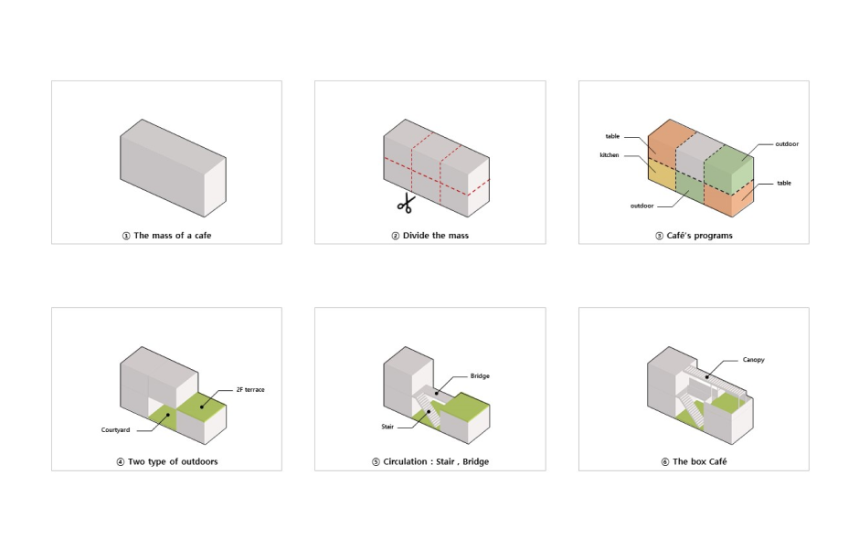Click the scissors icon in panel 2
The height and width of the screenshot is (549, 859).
click(406, 204)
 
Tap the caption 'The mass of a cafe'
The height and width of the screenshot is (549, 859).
click(173, 236)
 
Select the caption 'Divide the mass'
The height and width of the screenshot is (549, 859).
click(436, 236)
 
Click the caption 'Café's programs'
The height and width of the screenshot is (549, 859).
click(700, 236)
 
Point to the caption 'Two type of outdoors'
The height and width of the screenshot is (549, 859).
click(173, 462)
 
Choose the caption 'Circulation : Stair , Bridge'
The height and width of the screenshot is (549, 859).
click(436, 462)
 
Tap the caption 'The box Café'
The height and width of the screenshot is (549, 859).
click(700, 462)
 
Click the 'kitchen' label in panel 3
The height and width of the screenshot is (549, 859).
click(610, 155)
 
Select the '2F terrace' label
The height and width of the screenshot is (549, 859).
click(250, 390)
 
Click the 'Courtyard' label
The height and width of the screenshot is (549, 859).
click(115, 430)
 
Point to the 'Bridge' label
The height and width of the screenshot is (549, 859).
click(480, 376)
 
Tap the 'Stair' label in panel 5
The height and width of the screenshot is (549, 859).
click(387, 427)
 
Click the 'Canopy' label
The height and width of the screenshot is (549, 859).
click(753, 360)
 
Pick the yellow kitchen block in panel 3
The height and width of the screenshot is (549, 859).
click(662, 174)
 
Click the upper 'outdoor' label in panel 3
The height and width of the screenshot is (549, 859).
click(787, 144)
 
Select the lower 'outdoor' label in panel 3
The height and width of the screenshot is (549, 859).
click(642, 206)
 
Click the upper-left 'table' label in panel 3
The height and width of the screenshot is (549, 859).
click(612, 137)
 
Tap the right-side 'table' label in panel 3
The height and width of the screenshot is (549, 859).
click(784, 184)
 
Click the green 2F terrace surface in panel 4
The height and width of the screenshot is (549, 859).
click(202, 406)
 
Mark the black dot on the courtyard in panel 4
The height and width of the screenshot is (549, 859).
click(169, 415)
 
